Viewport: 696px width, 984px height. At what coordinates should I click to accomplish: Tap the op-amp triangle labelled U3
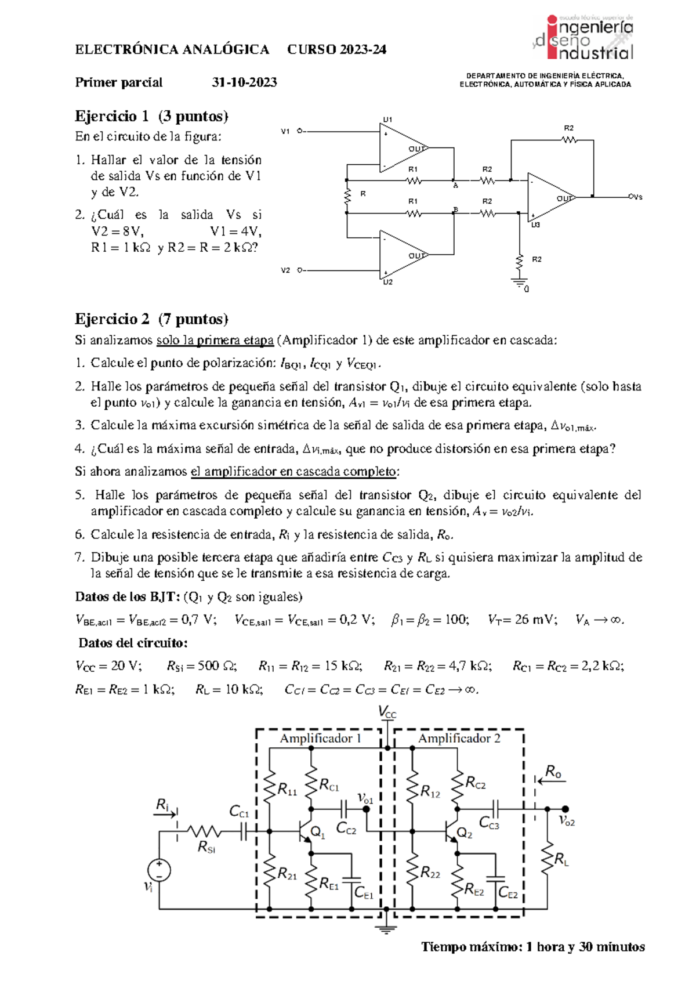(x=548, y=197)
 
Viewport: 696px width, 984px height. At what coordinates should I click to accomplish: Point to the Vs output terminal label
(x=636, y=197)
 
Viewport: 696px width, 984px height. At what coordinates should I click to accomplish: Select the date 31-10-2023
(x=244, y=82)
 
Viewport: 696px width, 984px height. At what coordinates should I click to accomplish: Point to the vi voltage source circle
(x=159, y=870)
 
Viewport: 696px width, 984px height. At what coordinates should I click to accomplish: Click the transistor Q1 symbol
(x=306, y=832)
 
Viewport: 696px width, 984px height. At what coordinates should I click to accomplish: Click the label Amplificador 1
(x=321, y=739)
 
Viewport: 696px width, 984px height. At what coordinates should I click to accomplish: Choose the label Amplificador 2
(x=459, y=739)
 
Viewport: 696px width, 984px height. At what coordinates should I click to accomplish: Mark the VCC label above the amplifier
(x=387, y=712)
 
